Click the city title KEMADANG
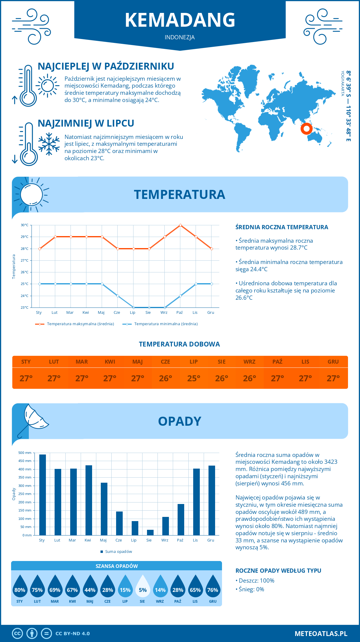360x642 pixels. click(x=180, y=20)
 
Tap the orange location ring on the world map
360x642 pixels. click(x=306, y=129)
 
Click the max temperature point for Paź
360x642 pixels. click(x=180, y=225)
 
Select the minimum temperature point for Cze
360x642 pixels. click(x=118, y=296)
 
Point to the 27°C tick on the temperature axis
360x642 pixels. click(x=25, y=260)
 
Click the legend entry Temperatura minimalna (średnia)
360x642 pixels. click(x=166, y=324)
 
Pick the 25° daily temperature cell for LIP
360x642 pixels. click(x=193, y=378)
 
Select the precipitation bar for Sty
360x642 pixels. click(x=43, y=495)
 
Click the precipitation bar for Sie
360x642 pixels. click(x=150, y=532)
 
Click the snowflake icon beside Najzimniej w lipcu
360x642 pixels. click(x=49, y=144)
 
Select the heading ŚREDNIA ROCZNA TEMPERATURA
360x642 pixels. click(x=282, y=227)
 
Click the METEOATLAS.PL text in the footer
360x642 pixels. click(x=321, y=634)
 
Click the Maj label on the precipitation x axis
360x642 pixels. click(x=103, y=540)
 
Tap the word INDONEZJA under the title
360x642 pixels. click(x=180, y=37)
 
